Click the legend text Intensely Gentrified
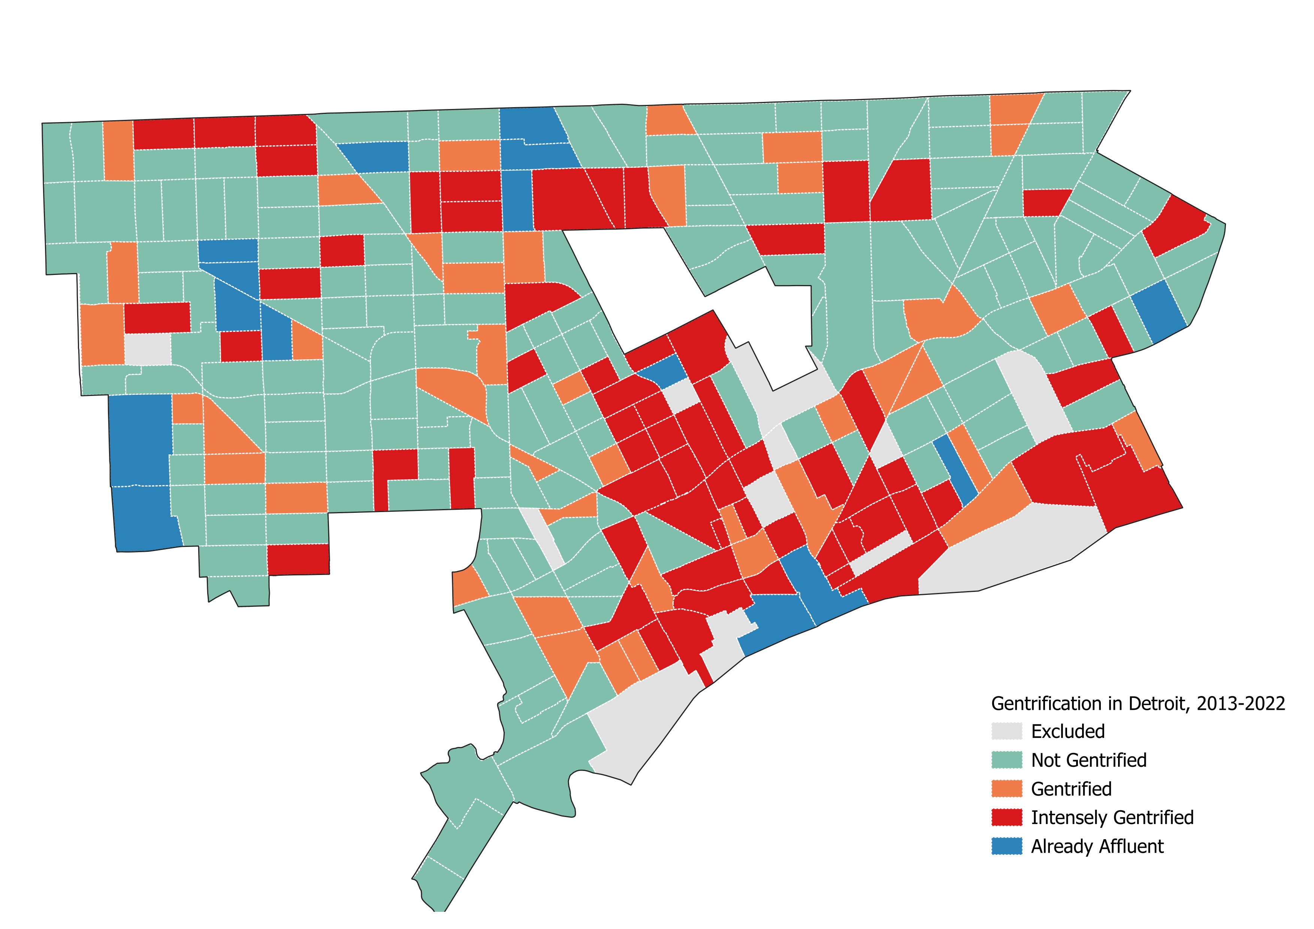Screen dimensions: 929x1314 1112,817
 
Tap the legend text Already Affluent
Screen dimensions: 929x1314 1097,846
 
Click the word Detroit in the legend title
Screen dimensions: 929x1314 1157,703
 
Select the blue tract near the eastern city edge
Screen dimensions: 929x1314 1159,312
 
